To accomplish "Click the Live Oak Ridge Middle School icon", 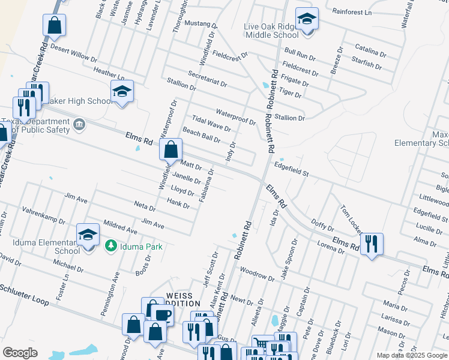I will coord(306,20).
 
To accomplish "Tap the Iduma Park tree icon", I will coord(110,245).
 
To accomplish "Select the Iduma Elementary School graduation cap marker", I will coord(88,235).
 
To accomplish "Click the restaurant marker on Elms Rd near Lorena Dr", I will coord(372,244).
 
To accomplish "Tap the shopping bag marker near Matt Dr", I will coord(170,149).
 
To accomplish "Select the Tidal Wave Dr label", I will coord(211,124).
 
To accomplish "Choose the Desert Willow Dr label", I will coord(74,53).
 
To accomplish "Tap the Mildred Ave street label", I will coord(120,226).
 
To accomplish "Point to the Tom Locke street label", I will coord(352,218).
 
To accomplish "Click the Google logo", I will coord(20,353).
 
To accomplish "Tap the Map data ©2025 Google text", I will coord(411,355).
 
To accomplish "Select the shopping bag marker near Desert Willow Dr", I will coord(54,26).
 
